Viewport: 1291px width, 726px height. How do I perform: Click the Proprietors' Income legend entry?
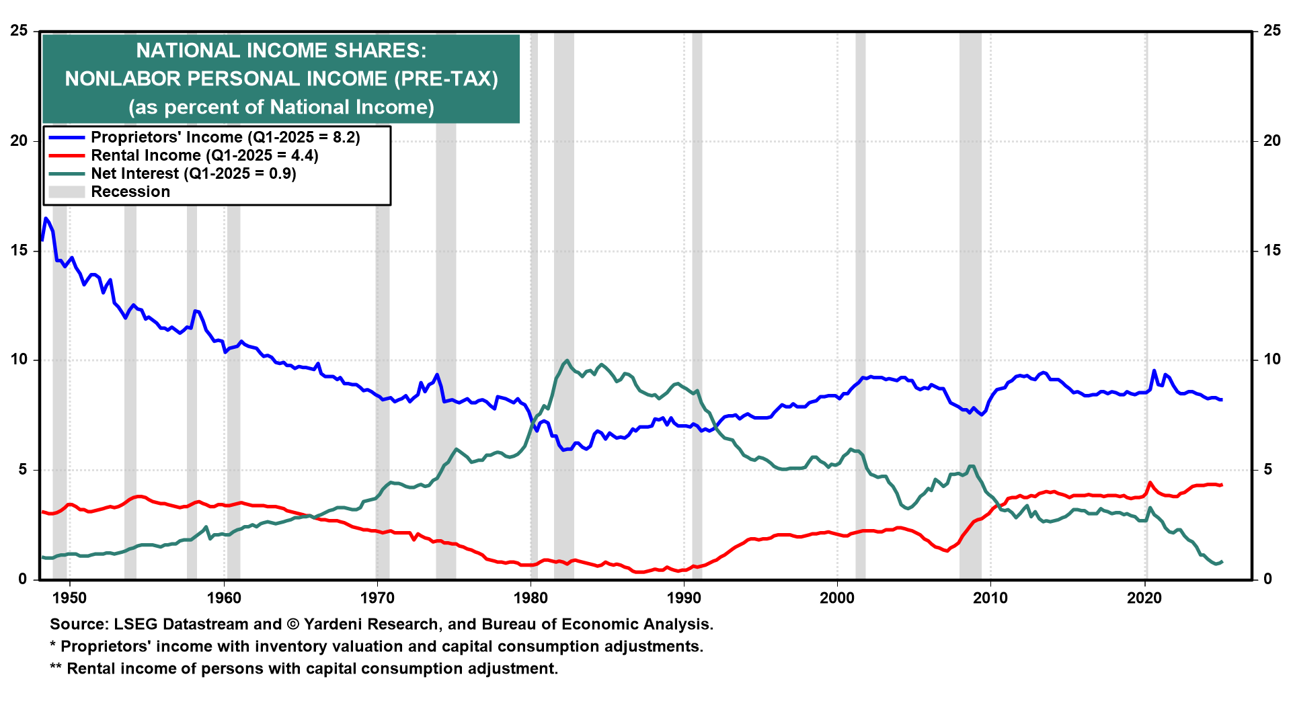coord(225,137)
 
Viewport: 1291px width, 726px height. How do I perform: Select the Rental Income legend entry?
coord(204,155)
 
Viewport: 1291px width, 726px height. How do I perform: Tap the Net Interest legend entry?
coord(194,173)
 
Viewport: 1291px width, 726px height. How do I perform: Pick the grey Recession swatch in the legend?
coord(67,192)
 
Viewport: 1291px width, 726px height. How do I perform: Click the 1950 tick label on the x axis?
coord(69,598)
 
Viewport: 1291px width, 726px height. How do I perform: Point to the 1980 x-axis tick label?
coord(531,598)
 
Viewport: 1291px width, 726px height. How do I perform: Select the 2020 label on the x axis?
coord(1144,598)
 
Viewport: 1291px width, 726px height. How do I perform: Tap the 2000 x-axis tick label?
coord(837,598)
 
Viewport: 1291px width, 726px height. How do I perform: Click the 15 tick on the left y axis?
coord(19,251)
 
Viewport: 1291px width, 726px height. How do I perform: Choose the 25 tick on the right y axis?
coord(1272,31)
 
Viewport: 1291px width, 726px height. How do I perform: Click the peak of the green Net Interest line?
coord(567,360)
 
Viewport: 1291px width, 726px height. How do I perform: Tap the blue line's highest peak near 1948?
coord(46,218)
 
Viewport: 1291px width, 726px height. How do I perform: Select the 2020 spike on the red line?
coord(1150,483)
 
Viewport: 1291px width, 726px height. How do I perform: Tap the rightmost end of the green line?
coord(1221,561)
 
